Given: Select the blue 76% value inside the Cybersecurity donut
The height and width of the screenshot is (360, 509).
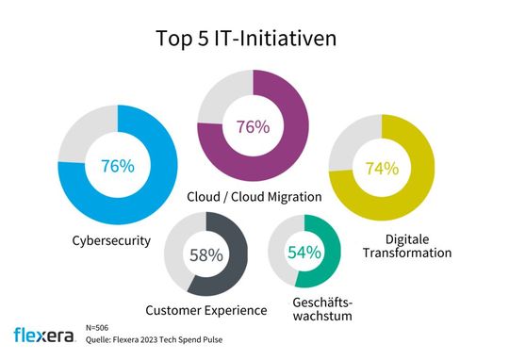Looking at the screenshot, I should (117, 167).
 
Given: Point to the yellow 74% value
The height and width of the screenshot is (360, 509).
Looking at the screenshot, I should (382, 169).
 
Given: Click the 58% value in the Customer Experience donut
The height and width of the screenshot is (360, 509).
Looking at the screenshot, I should (205, 254).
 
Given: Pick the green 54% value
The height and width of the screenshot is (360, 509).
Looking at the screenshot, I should (304, 252).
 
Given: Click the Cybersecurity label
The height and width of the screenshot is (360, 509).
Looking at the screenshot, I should (112, 240).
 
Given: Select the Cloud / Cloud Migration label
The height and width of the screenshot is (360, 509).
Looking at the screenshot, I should (254, 197).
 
